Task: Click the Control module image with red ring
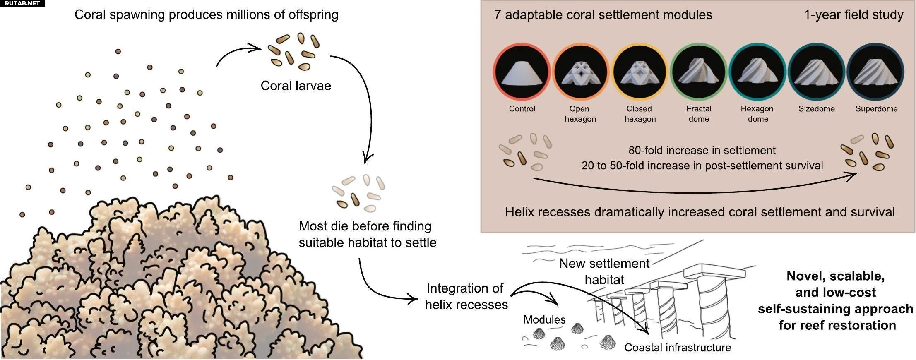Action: (522, 72)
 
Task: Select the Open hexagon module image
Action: (581, 72)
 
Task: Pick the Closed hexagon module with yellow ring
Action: (640, 72)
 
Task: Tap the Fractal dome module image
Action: (699, 72)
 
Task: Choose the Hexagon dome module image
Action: (757, 72)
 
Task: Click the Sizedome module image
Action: (817, 72)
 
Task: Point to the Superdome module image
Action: (875, 72)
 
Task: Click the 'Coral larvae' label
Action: (296, 86)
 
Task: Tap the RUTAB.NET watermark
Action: (22, 3)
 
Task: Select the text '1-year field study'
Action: (853, 15)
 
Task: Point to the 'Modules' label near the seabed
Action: (544, 319)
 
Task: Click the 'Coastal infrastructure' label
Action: (678, 347)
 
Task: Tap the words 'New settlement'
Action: (604, 263)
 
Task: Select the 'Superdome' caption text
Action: (876, 109)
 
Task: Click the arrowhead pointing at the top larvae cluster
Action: (255, 48)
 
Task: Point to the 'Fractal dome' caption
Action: (699, 114)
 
